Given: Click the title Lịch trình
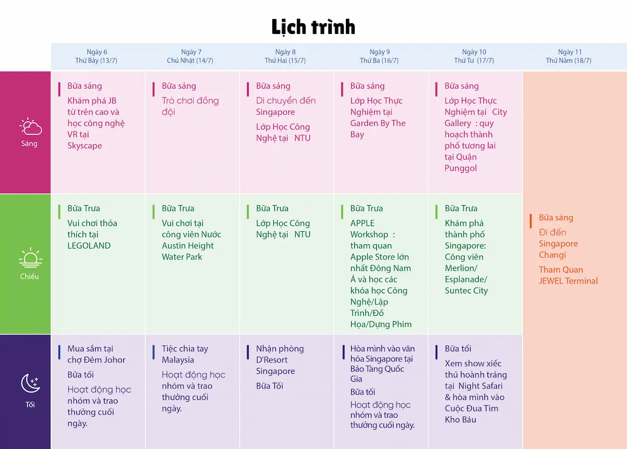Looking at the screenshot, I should pyautogui.click(x=313, y=27).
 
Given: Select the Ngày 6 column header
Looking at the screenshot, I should pyautogui.click(x=97, y=56).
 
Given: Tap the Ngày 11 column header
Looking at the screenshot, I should pyautogui.click(x=569, y=56).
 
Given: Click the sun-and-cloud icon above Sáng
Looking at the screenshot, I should pyautogui.click(x=30, y=127).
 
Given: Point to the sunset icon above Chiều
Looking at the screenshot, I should pyautogui.click(x=30, y=258).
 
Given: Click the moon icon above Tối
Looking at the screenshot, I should pyautogui.click(x=30, y=384).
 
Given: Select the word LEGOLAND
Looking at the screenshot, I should pyautogui.click(x=89, y=246).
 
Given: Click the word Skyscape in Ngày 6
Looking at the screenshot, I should pyautogui.click(x=85, y=146).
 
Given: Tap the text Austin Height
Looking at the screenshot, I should pyautogui.click(x=188, y=246).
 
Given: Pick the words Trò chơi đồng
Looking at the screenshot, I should pyautogui.click(x=190, y=101).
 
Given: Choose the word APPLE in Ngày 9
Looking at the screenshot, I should pyautogui.click(x=363, y=223).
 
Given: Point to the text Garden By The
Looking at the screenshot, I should pyautogui.click(x=378, y=123).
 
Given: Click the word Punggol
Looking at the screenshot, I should pyautogui.click(x=460, y=168).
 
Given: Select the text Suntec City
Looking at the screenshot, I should pyautogui.click(x=466, y=291).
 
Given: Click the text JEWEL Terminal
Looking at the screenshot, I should pyautogui.click(x=568, y=281).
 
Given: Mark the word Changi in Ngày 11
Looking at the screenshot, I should pyautogui.click(x=552, y=255).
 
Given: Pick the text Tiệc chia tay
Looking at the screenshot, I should pyautogui.click(x=185, y=349).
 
